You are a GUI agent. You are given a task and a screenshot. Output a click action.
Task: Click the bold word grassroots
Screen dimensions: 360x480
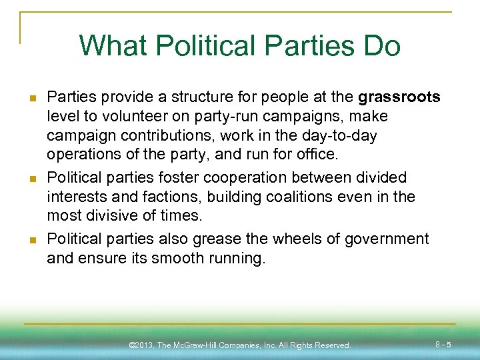click(x=399, y=97)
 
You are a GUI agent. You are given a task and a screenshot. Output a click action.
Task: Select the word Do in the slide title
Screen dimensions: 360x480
click(x=381, y=46)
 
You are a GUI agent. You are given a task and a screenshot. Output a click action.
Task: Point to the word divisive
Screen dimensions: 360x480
click(x=110, y=216)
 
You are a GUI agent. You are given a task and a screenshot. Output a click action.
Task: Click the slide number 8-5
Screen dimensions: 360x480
click(x=443, y=345)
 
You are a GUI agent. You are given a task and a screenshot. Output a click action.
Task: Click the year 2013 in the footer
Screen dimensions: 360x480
click(x=143, y=345)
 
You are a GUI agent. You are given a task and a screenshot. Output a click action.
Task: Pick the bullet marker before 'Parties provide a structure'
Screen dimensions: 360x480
click(x=31, y=98)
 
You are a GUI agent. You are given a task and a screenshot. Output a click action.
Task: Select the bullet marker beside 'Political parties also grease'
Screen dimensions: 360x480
click(x=31, y=239)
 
